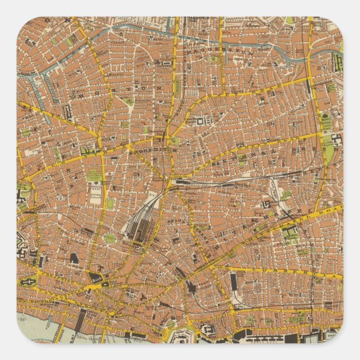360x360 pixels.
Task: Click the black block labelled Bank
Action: click(x=96, y=277)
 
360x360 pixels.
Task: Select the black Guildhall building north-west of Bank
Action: click(x=75, y=258)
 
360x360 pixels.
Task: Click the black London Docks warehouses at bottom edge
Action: click(x=263, y=335)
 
